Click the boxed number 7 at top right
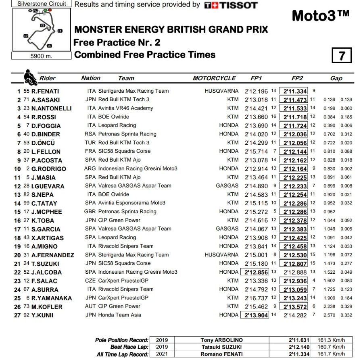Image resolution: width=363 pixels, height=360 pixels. [x=342, y=55]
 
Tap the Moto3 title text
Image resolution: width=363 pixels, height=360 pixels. [x=320, y=16]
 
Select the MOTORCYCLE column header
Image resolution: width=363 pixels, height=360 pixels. [x=214, y=78]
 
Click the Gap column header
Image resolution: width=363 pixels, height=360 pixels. [x=336, y=78]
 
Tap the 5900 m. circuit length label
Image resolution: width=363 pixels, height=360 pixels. [x=41, y=56]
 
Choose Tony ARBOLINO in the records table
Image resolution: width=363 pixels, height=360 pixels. [x=221, y=340]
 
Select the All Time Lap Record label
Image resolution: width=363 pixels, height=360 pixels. [x=122, y=354]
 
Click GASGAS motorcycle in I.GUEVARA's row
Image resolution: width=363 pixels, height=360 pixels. [x=227, y=186]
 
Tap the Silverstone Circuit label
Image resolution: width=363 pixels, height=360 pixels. [x=41, y=4]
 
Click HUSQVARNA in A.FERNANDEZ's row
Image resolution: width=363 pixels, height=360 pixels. [x=221, y=255]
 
